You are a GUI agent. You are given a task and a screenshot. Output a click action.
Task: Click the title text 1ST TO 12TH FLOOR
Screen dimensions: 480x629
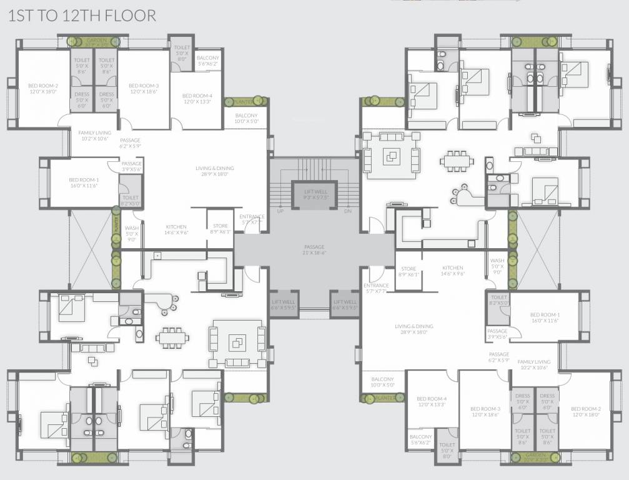click(82, 16)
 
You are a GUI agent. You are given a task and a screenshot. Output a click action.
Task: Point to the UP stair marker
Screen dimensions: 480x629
click(280, 211)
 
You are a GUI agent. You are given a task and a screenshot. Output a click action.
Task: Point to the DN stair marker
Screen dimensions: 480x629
click(348, 211)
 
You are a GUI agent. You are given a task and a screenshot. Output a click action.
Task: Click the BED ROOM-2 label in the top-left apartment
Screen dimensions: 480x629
click(43, 89)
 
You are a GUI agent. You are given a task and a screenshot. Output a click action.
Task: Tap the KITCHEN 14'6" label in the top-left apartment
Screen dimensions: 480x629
click(176, 229)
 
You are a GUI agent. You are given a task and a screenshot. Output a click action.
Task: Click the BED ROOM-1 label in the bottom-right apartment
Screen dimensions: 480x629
click(545, 317)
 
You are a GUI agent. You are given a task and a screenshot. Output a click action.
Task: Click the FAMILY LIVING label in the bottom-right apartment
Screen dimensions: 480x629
click(533, 364)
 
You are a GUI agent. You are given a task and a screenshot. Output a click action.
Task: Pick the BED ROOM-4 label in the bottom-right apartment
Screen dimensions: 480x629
click(431, 401)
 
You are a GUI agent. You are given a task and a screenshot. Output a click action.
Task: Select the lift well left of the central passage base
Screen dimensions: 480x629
click(283, 304)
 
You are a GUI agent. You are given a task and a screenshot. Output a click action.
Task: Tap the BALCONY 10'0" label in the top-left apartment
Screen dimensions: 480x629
click(246, 119)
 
